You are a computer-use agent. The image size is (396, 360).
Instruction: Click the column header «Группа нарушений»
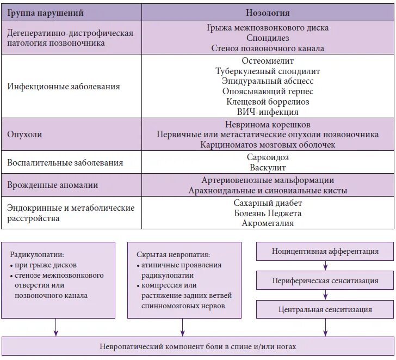click(45, 13)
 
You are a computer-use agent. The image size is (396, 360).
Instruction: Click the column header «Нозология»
click(268, 13)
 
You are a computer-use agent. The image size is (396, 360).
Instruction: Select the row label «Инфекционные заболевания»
click(64, 87)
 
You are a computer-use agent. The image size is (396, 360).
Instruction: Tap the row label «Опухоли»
click(24, 134)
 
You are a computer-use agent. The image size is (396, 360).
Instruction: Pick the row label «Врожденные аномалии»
click(53, 185)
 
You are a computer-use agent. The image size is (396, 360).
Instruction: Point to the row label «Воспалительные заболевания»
click(65, 162)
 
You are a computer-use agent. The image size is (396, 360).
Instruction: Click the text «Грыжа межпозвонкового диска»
click(268, 28)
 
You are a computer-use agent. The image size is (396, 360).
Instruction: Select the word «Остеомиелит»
click(268, 61)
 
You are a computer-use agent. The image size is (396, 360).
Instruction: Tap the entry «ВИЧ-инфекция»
click(268, 112)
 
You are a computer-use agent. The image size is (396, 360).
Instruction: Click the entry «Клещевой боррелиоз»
click(268, 102)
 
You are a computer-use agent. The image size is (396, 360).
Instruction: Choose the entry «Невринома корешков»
click(268, 124)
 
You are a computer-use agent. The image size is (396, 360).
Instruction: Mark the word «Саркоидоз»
click(268, 157)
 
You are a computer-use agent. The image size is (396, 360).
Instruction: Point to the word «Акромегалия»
click(268, 223)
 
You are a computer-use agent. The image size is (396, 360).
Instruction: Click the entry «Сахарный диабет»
click(268, 203)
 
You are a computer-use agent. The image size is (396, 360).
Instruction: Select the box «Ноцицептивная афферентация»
click(325, 251)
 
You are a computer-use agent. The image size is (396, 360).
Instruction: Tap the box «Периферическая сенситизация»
click(325, 280)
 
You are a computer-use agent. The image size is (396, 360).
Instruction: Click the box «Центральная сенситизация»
click(325, 309)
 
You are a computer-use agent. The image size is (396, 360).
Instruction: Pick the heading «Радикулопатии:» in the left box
click(37, 254)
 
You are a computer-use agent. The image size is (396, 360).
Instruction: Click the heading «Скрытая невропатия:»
click(173, 254)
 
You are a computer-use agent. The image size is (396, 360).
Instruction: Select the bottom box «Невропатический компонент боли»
click(198, 346)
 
